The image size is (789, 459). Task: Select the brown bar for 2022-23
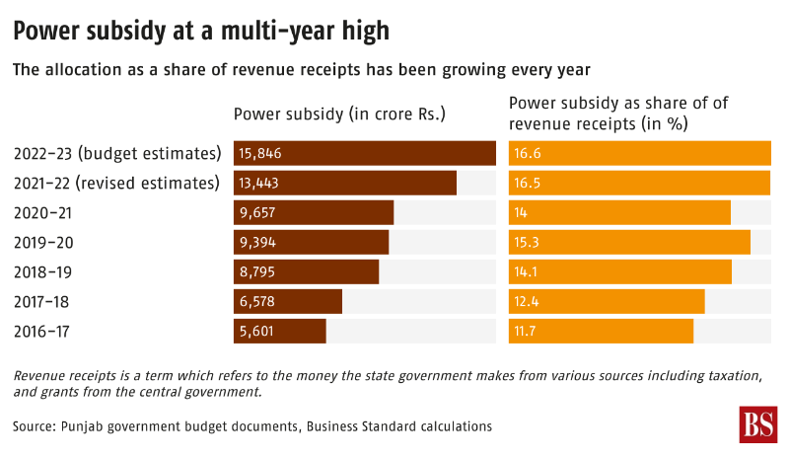(365, 153)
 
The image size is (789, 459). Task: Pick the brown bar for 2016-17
(280, 332)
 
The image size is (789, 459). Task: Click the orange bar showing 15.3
(629, 242)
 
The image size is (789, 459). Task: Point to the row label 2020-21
(44, 212)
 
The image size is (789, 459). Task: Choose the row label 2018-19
(44, 271)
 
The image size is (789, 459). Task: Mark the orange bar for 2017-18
(607, 302)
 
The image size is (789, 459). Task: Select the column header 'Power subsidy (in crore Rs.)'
(340, 114)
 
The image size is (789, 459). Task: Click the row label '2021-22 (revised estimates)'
(116, 183)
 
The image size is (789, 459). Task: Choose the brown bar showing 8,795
(307, 271)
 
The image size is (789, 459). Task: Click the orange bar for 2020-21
(619, 212)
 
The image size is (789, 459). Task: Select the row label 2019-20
(44, 242)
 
